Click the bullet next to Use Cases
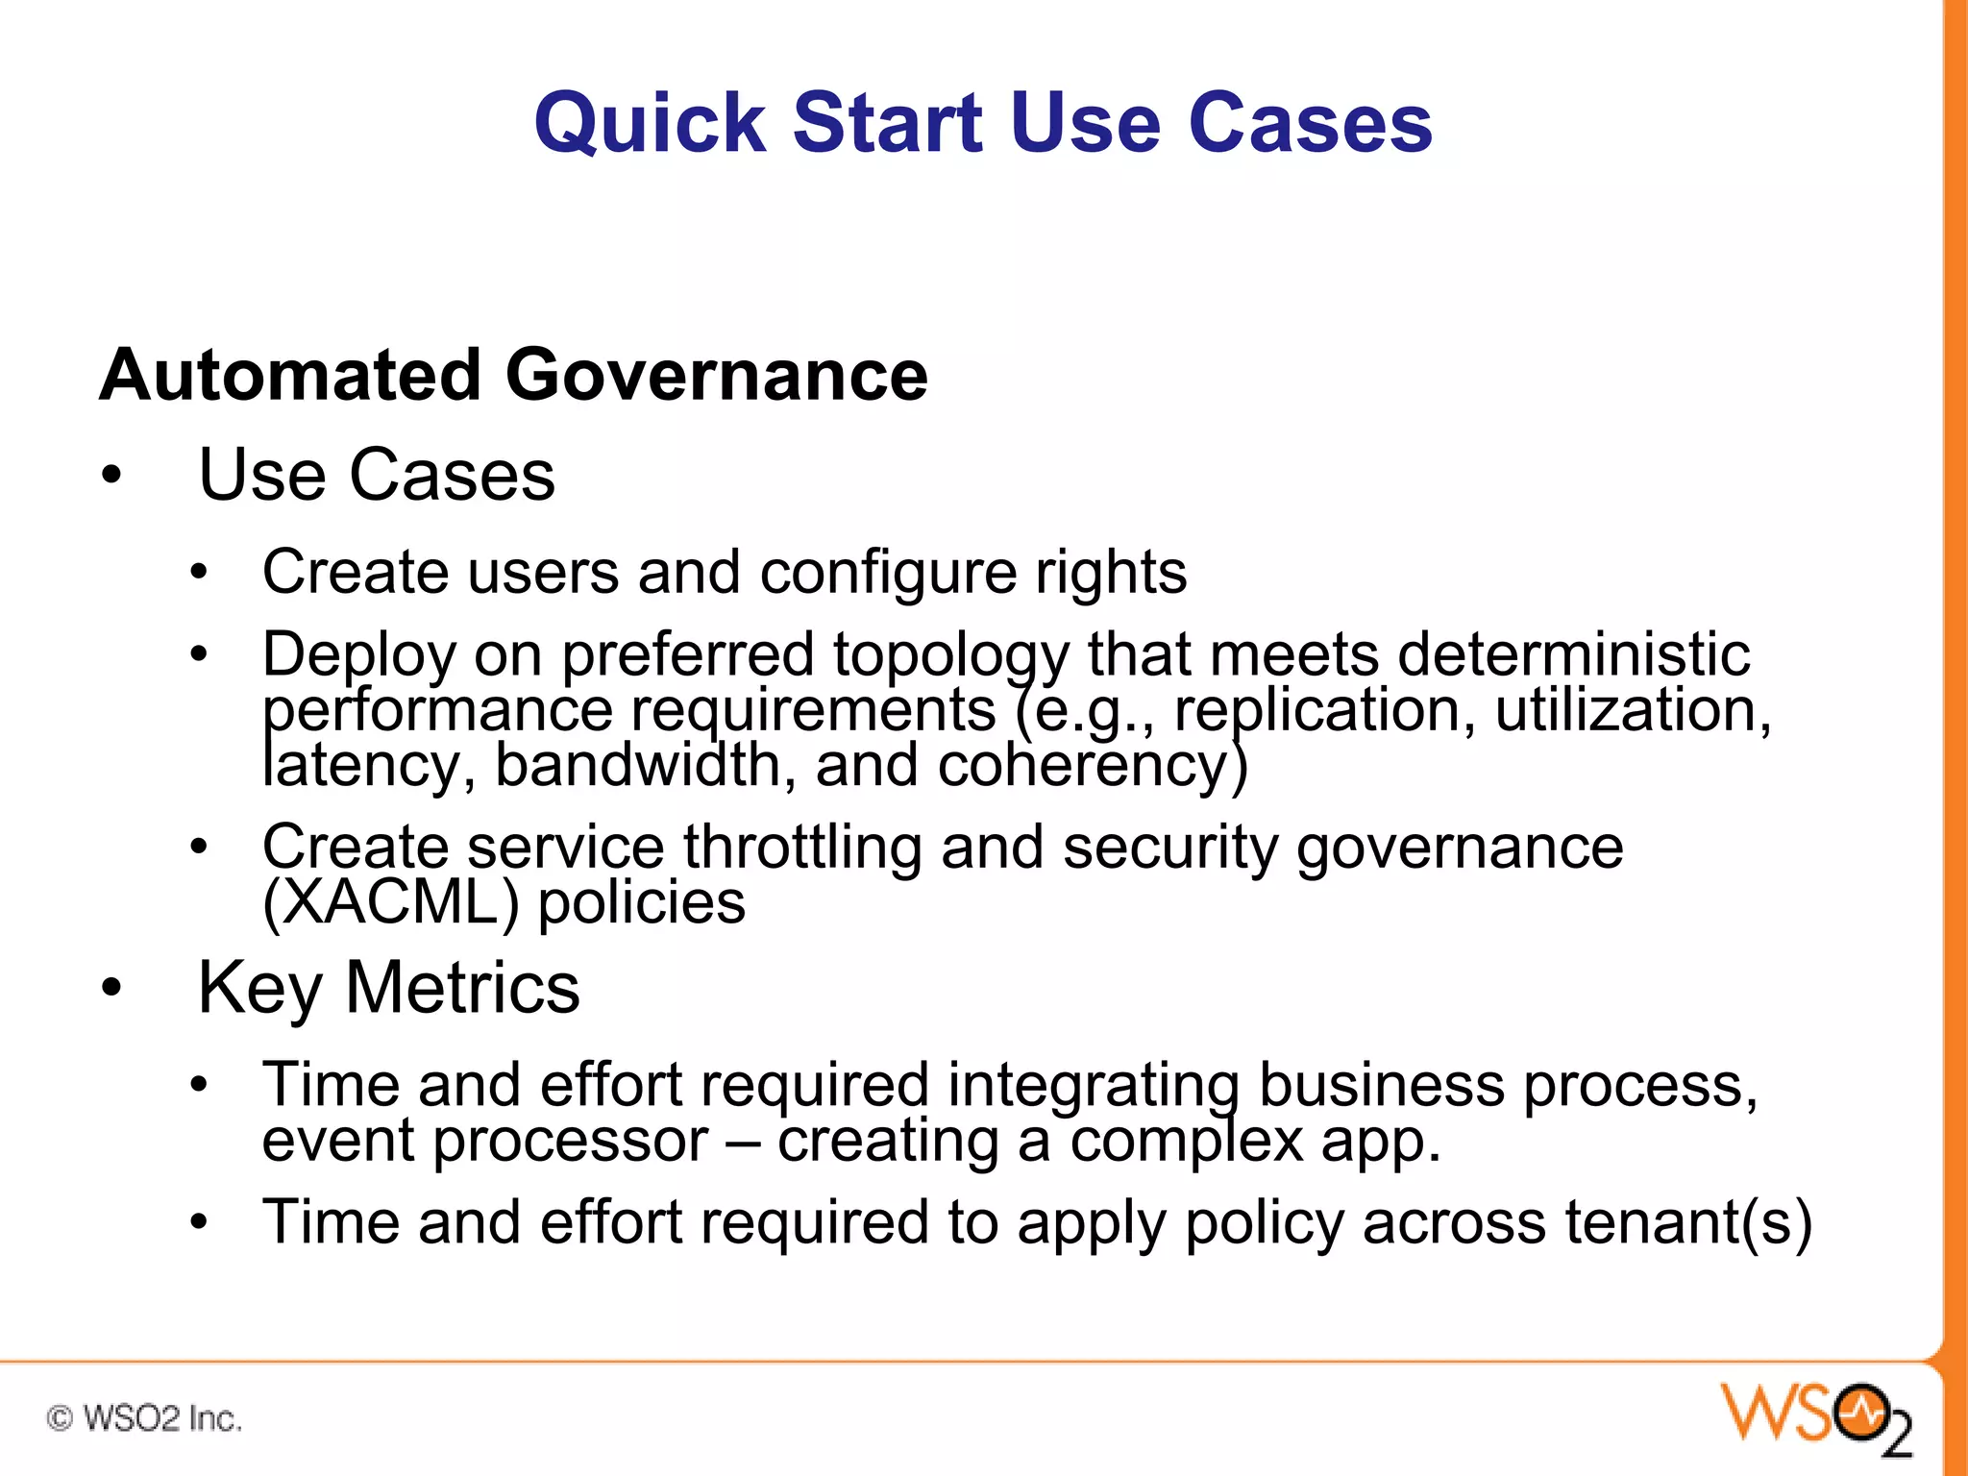tap(112, 476)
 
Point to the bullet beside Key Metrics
tap(112, 988)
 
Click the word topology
tap(951, 655)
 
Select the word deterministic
tap(1573, 655)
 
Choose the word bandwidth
tap(645, 766)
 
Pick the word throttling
tap(802, 848)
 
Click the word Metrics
tap(462, 988)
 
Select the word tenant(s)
tap(1688, 1222)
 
